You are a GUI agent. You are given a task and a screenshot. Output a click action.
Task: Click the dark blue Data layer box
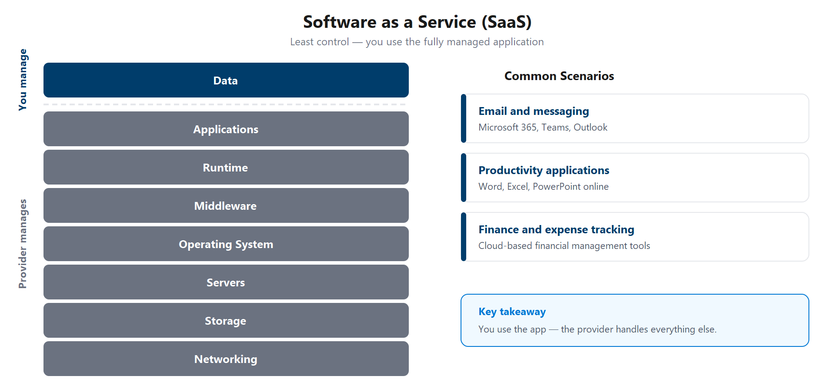(x=226, y=81)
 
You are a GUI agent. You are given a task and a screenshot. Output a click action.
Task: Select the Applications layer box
(x=226, y=129)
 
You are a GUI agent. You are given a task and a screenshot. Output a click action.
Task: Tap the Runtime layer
(x=226, y=168)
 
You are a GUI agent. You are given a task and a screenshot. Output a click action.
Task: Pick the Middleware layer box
(x=226, y=206)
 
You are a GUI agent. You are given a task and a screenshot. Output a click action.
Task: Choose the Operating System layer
(x=226, y=244)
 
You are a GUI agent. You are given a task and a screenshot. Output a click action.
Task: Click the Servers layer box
(x=226, y=282)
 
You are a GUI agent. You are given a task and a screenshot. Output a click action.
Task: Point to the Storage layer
(x=226, y=321)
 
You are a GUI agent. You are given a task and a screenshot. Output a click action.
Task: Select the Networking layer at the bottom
(x=226, y=359)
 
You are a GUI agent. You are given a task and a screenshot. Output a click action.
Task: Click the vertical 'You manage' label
(x=23, y=80)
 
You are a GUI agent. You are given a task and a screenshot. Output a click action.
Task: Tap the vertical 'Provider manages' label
(x=23, y=244)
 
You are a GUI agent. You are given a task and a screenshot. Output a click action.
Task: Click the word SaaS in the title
(x=507, y=22)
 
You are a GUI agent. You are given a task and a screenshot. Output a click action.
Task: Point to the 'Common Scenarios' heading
(x=559, y=76)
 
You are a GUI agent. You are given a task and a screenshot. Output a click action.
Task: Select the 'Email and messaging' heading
(x=534, y=111)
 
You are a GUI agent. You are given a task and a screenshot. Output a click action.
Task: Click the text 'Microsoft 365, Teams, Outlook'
(x=543, y=128)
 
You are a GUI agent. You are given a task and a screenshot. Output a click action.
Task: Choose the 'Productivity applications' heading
(x=544, y=171)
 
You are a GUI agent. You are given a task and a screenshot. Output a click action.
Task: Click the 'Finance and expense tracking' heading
(x=556, y=230)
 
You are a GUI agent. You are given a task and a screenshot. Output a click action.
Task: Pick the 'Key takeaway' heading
(x=512, y=312)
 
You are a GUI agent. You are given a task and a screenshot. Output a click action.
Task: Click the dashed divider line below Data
(x=226, y=104)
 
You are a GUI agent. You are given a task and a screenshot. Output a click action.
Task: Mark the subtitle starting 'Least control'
(x=417, y=42)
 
